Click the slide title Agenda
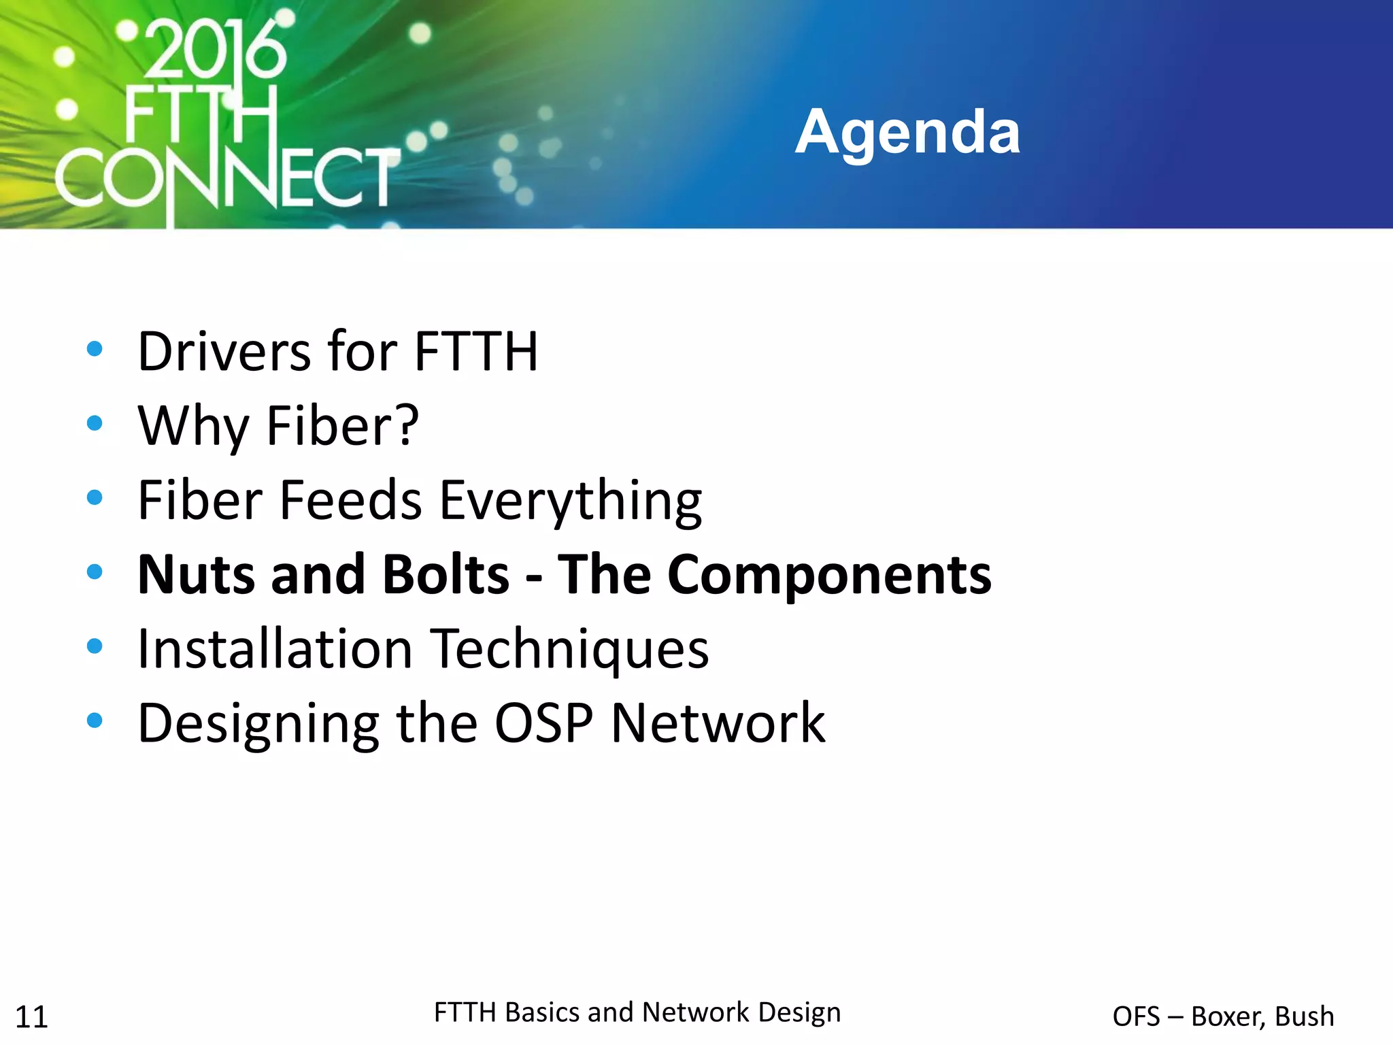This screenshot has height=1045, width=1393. [x=907, y=132]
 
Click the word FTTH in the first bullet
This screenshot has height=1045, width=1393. [x=476, y=352]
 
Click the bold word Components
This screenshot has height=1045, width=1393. [x=829, y=576]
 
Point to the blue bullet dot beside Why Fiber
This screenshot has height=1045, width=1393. [x=95, y=423]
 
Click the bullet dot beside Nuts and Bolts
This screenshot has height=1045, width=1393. [x=95, y=571]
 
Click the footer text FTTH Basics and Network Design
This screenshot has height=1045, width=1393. [x=637, y=1012]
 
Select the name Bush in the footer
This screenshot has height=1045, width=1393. [x=1304, y=1016]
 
